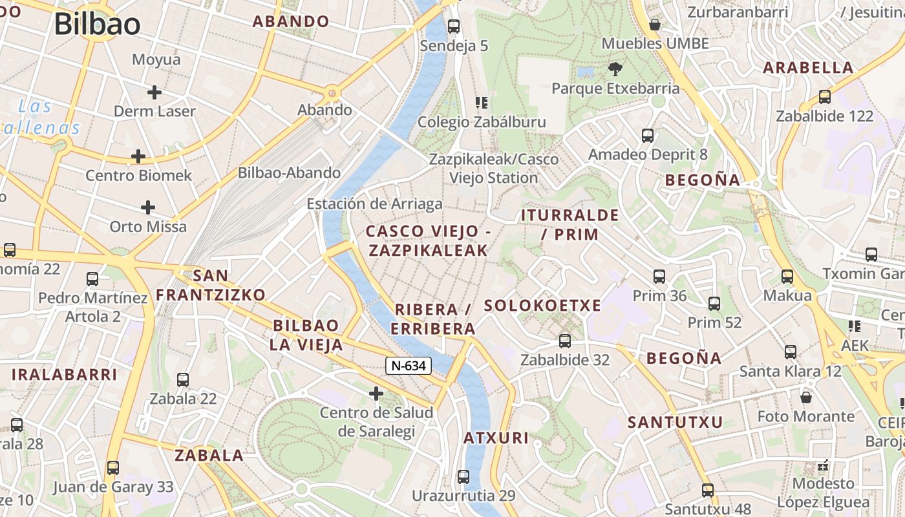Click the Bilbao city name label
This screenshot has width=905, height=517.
97,25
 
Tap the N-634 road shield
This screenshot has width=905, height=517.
409,366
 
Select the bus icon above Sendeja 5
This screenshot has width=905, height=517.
454,26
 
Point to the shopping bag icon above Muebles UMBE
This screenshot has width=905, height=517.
655,25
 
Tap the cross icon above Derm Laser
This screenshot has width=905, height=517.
154,92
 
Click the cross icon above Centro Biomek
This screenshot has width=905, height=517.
138,156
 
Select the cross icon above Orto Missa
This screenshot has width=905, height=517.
148,207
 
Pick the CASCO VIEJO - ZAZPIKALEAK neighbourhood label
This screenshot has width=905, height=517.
428,241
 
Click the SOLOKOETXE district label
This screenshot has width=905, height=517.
542,306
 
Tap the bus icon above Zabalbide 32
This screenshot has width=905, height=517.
565,341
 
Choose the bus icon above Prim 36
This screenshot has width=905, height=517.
659,277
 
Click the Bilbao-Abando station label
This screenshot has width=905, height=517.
289,173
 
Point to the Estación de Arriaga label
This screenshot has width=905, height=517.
374,204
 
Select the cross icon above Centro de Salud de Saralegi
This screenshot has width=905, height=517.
376,393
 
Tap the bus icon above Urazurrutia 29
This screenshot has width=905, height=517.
463,477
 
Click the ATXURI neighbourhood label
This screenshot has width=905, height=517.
496,438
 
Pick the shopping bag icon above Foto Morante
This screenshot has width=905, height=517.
805,397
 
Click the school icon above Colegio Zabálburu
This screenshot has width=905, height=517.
481,103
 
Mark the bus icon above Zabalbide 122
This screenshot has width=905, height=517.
824,97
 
